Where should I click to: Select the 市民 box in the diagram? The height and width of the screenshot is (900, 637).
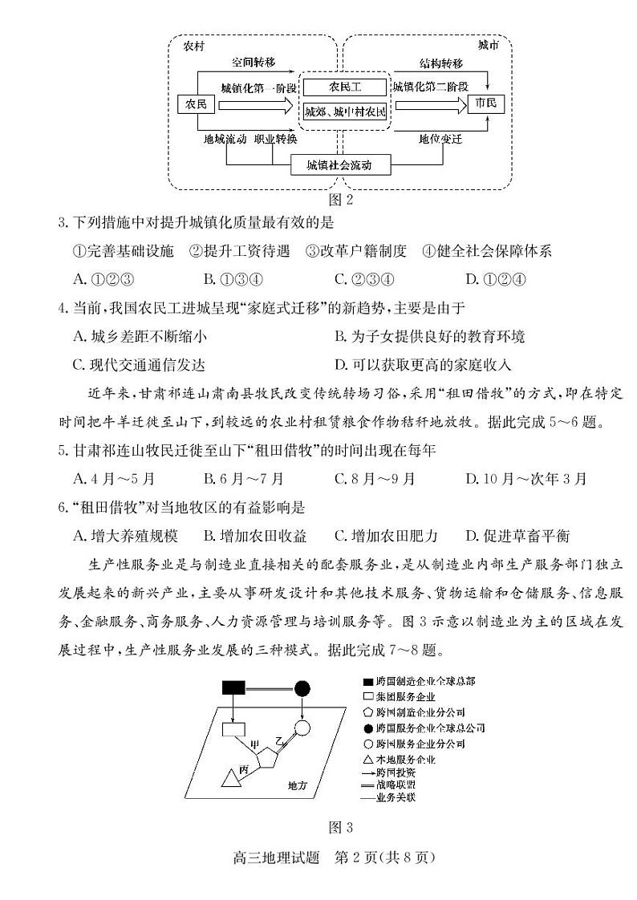tap(485, 105)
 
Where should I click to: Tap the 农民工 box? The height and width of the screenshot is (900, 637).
tap(345, 87)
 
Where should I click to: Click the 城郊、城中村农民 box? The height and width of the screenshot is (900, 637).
tap(345, 112)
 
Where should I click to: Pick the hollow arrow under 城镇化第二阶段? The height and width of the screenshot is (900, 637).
tap(430, 105)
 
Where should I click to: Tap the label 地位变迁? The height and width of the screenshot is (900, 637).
tap(440, 139)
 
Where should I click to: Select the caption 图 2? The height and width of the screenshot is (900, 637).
tap(341, 198)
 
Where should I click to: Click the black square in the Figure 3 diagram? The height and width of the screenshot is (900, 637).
tap(233, 687)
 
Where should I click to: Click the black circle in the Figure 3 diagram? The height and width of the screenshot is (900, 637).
tap(302, 687)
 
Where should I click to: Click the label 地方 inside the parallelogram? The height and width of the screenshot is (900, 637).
tap(298, 786)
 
